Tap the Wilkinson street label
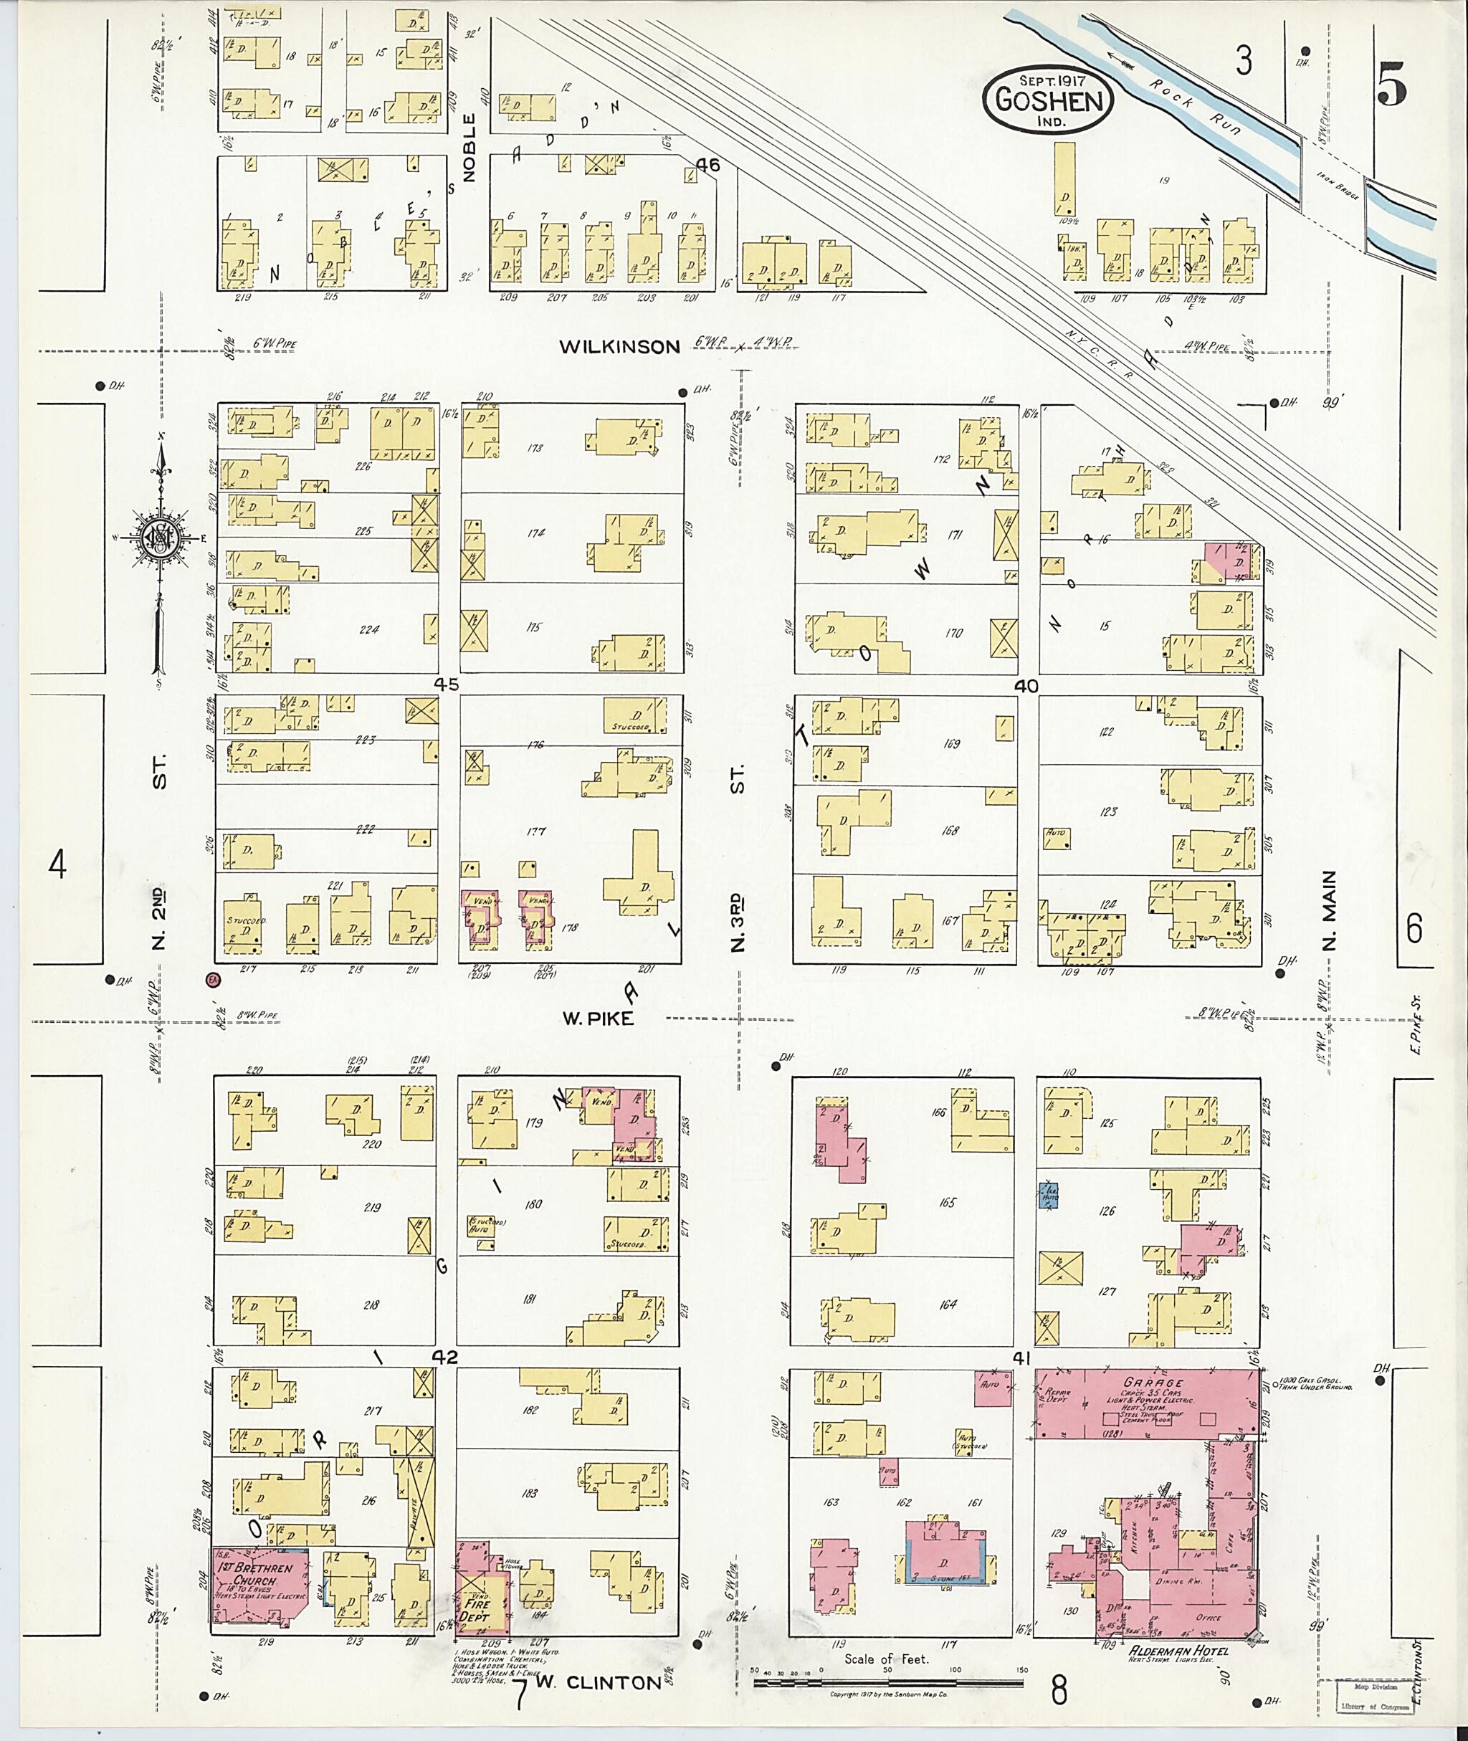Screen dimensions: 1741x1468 (619, 346)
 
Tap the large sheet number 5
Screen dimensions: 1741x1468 (1392, 87)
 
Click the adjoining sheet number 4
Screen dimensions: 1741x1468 (57, 866)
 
